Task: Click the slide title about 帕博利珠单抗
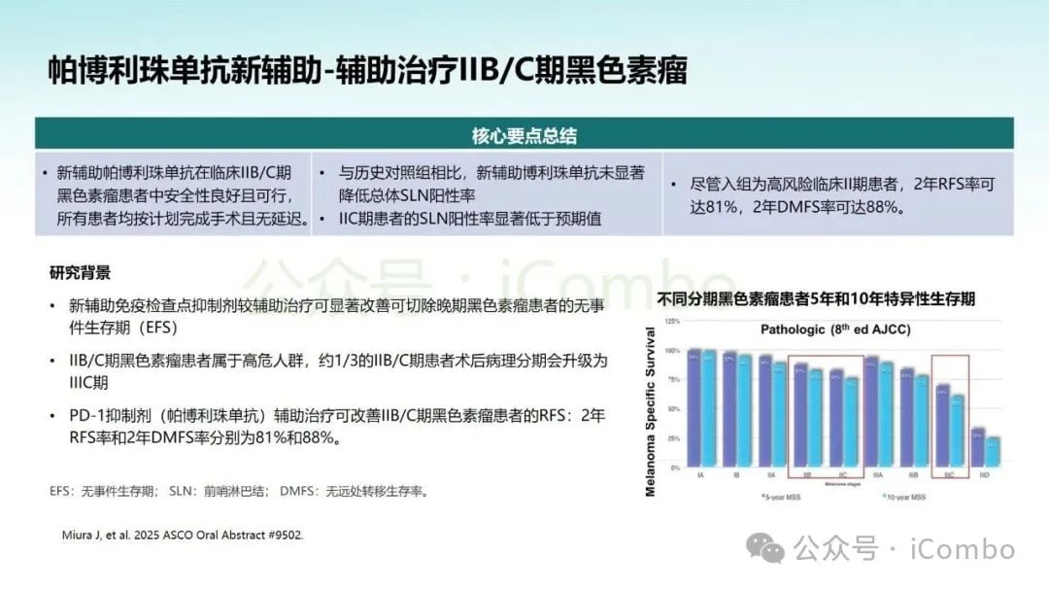[368, 72]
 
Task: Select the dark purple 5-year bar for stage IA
[694, 408]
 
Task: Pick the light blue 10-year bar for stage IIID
[992, 451]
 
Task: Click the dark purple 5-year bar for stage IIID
[978, 446]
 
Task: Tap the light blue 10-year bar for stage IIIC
[958, 430]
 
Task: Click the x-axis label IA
[700, 474]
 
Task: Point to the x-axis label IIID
[985, 474]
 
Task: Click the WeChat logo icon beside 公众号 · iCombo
[772, 549]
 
